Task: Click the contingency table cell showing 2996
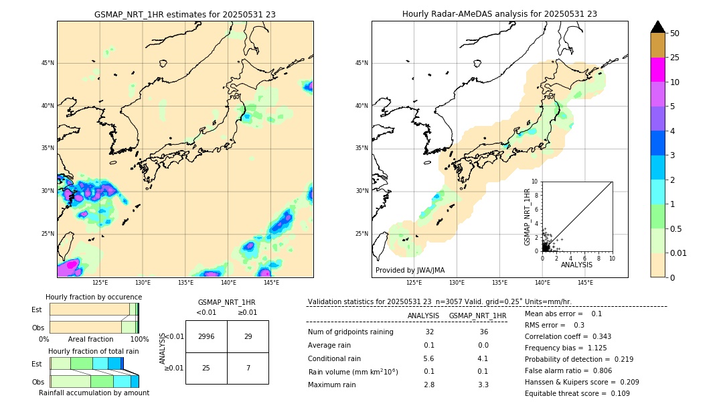[206, 336]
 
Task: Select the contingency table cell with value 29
[248, 336]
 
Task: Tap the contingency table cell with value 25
[206, 368]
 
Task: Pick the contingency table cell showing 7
[248, 368]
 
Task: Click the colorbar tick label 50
[675, 33]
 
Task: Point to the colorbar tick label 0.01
[679, 253]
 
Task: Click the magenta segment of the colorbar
[658, 70]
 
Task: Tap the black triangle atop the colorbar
[658, 27]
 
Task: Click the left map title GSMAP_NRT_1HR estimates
[185, 14]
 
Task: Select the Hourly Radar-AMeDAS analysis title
[499, 14]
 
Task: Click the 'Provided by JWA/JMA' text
[410, 271]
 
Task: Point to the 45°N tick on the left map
[48, 63]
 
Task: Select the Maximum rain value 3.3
[483, 385]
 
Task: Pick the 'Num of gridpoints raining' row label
[350, 332]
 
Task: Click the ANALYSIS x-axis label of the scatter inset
[576, 265]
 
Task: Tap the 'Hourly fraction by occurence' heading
[94, 297]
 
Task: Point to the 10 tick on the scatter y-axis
[536, 182]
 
